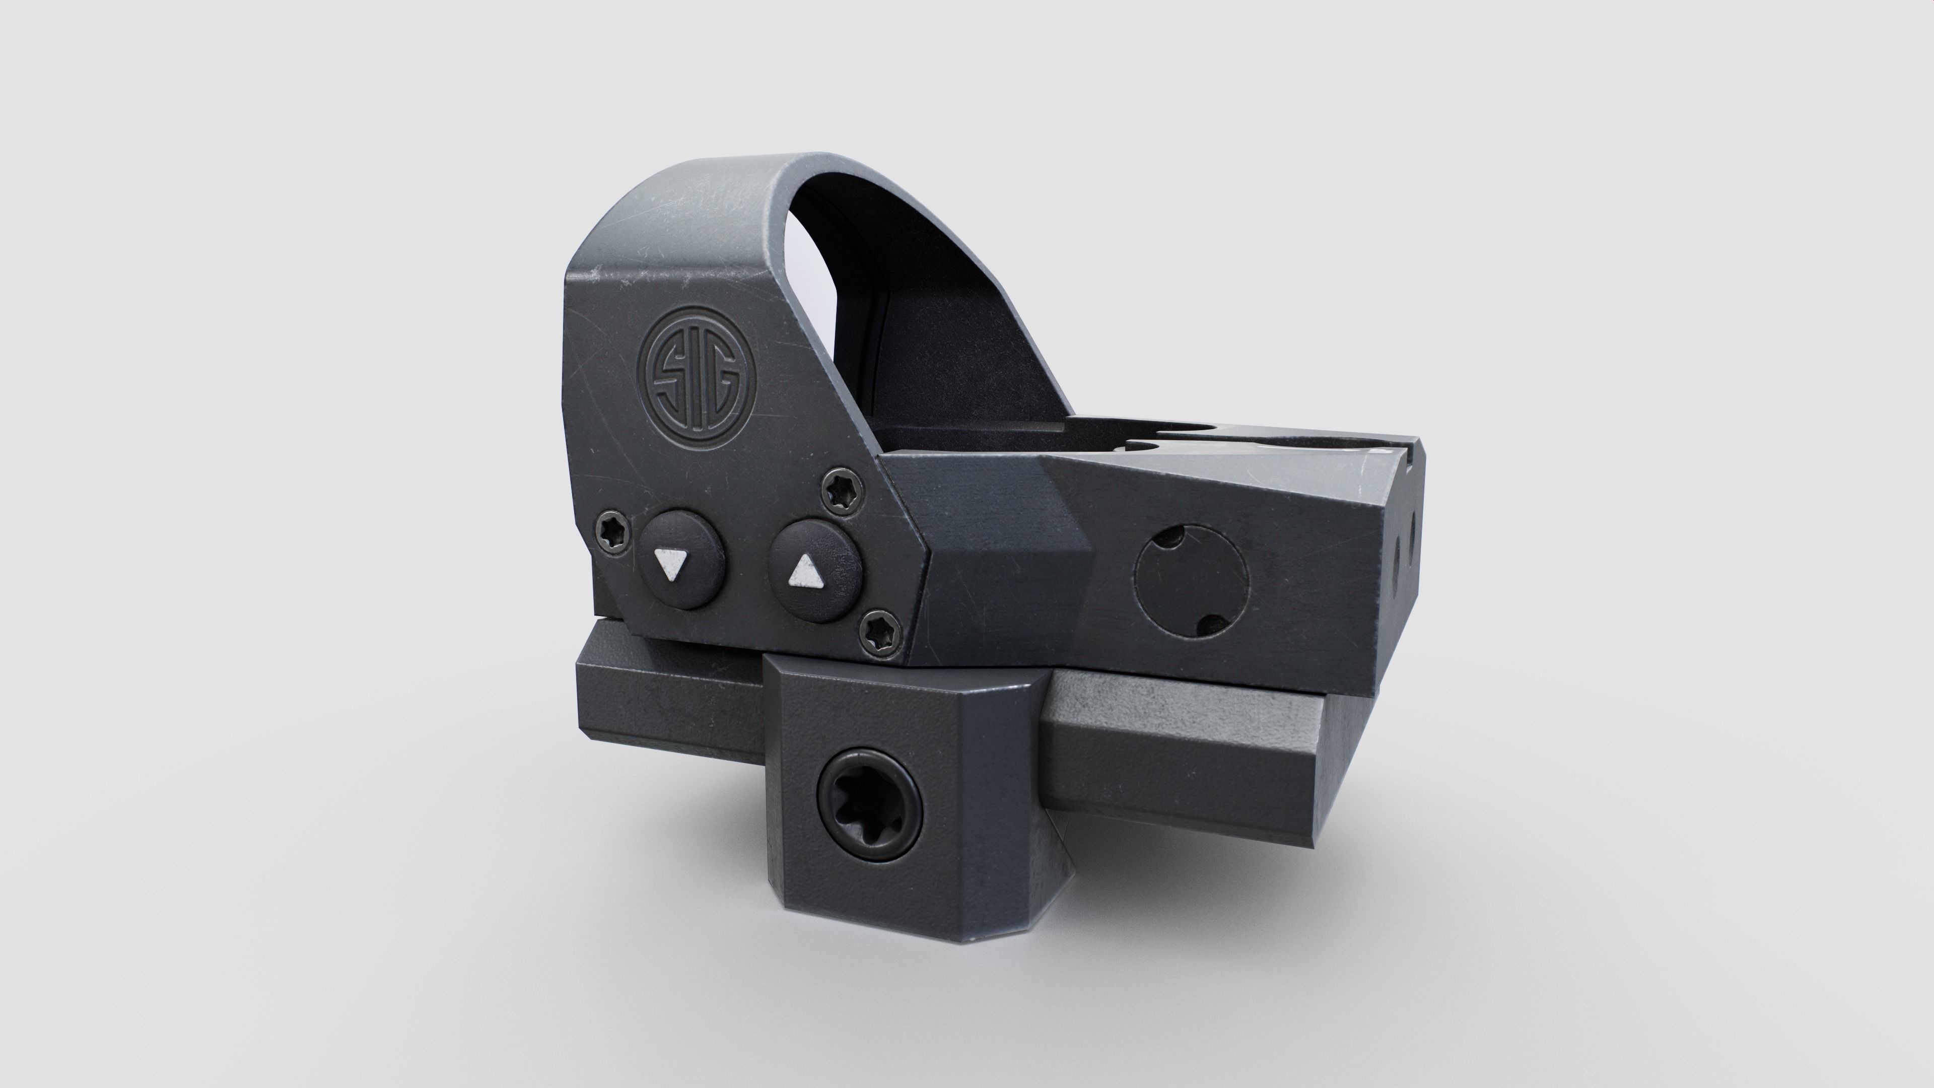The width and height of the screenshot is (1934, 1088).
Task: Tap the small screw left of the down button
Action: click(614, 534)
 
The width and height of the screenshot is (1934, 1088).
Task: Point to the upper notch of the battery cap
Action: click(1171, 539)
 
